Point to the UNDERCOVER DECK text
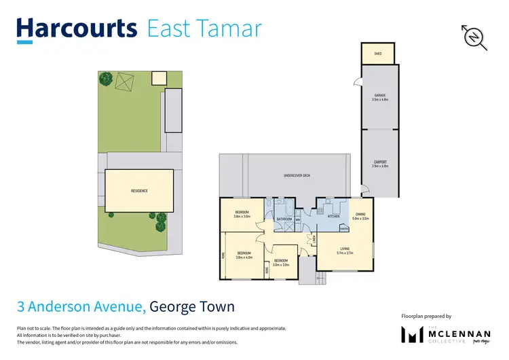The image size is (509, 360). [x=297, y=176]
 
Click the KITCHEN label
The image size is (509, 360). [x=333, y=216]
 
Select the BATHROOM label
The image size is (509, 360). [x=284, y=219]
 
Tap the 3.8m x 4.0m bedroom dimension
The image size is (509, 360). [x=244, y=257]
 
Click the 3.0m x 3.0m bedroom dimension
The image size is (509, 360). [x=281, y=264]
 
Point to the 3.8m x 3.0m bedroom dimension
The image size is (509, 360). [x=242, y=217]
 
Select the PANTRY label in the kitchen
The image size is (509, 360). [x=354, y=229]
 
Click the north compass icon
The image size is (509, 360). [x=475, y=37]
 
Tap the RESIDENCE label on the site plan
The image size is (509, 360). [x=139, y=191]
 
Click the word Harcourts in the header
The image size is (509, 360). [x=76, y=29]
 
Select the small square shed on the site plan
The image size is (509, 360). [x=157, y=78]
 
